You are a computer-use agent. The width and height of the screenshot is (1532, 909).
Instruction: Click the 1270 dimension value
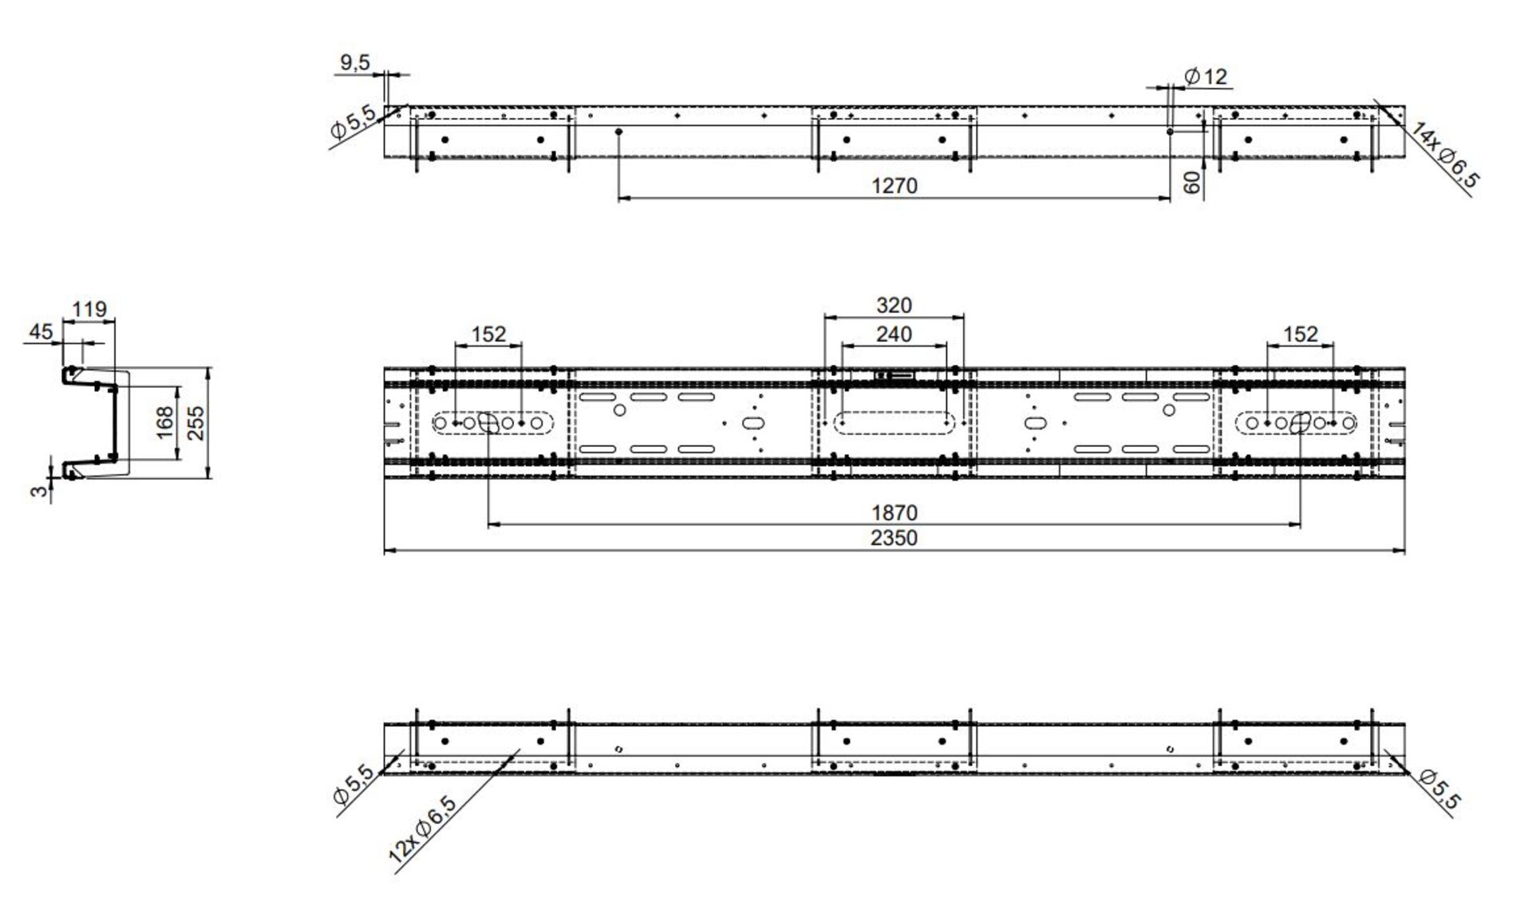(894, 186)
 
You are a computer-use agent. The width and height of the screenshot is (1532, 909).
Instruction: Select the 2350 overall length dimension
(894, 538)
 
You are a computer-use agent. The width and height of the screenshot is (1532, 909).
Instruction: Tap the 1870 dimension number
(894, 512)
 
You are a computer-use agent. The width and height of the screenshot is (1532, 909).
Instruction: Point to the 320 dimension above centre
(894, 306)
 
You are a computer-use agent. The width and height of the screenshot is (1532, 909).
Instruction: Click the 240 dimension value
(894, 334)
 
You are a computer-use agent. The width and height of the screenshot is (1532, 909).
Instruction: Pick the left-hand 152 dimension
(488, 334)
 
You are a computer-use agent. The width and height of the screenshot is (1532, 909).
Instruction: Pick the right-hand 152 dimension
(1300, 334)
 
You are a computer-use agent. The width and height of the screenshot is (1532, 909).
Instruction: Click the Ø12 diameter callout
(1206, 77)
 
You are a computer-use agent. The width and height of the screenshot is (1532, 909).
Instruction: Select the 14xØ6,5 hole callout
(1445, 156)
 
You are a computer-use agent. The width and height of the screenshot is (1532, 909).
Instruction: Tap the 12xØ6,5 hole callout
(423, 829)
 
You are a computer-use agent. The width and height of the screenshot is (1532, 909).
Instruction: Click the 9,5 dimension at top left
(354, 62)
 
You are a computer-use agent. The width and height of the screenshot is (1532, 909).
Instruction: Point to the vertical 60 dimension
(1192, 182)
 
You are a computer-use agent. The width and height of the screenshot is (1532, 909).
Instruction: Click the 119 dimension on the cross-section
(89, 309)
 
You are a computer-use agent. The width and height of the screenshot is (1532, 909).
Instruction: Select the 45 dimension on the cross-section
(41, 332)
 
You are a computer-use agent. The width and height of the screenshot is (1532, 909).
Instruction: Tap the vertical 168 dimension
(164, 422)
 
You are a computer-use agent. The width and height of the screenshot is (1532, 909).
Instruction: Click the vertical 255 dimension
(195, 423)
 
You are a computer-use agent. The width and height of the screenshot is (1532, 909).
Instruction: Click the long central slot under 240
(894, 422)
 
